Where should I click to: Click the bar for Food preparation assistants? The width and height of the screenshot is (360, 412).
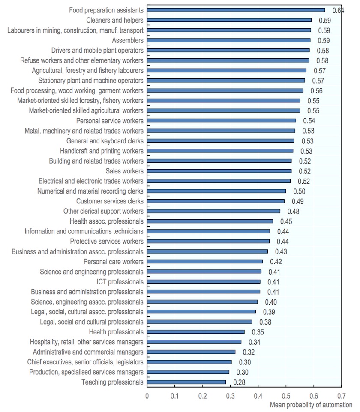click(x=236, y=10)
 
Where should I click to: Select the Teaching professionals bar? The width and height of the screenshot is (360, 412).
click(x=186, y=382)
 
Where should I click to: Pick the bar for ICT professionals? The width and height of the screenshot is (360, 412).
click(x=204, y=281)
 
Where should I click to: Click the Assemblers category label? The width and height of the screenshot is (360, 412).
click(x=128, y=40)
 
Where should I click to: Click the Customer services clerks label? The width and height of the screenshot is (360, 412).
click(x=110, y=201)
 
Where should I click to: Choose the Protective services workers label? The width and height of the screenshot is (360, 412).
click(x=107, y=242)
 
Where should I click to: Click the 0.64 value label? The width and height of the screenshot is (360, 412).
click(x=338, y=10)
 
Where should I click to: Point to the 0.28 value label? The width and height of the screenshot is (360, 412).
click(x=239, y=382)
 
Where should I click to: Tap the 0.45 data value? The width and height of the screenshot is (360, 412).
click(x=286, y=221)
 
